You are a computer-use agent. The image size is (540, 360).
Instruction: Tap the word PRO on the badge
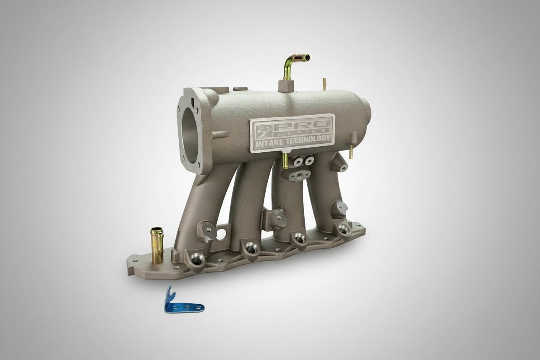(301, 125)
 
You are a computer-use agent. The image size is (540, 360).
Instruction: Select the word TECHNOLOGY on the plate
(307, 140)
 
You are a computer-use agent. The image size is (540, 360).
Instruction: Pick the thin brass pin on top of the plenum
(324, 84)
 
